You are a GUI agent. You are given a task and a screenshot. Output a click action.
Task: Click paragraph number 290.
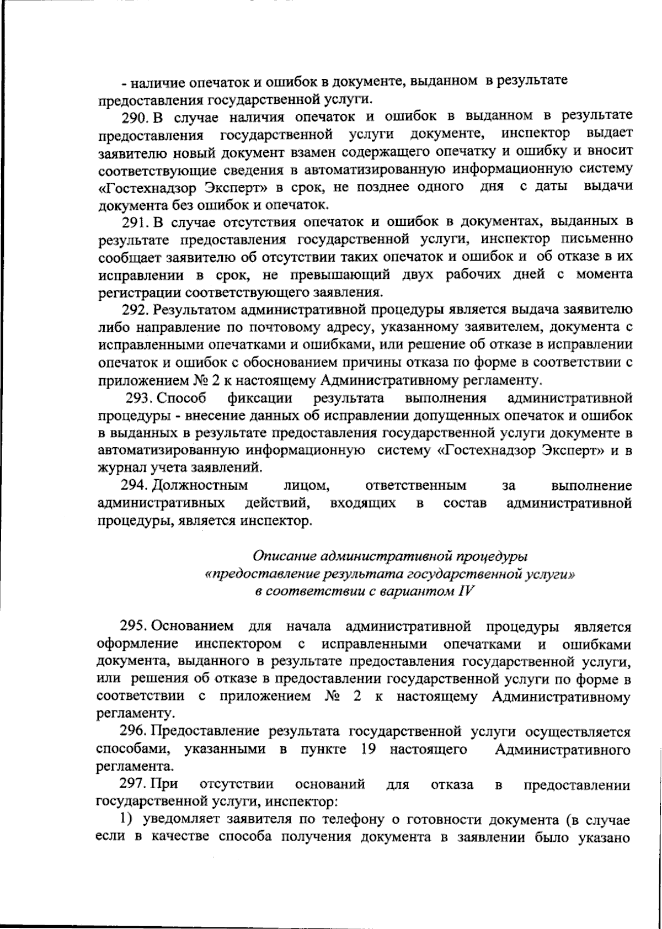point(134,116)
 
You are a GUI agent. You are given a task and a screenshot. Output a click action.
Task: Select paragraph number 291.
point(134,222)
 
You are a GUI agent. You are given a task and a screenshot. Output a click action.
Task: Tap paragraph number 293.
point(138,398)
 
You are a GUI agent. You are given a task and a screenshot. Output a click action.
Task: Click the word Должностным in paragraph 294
point(200,486)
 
